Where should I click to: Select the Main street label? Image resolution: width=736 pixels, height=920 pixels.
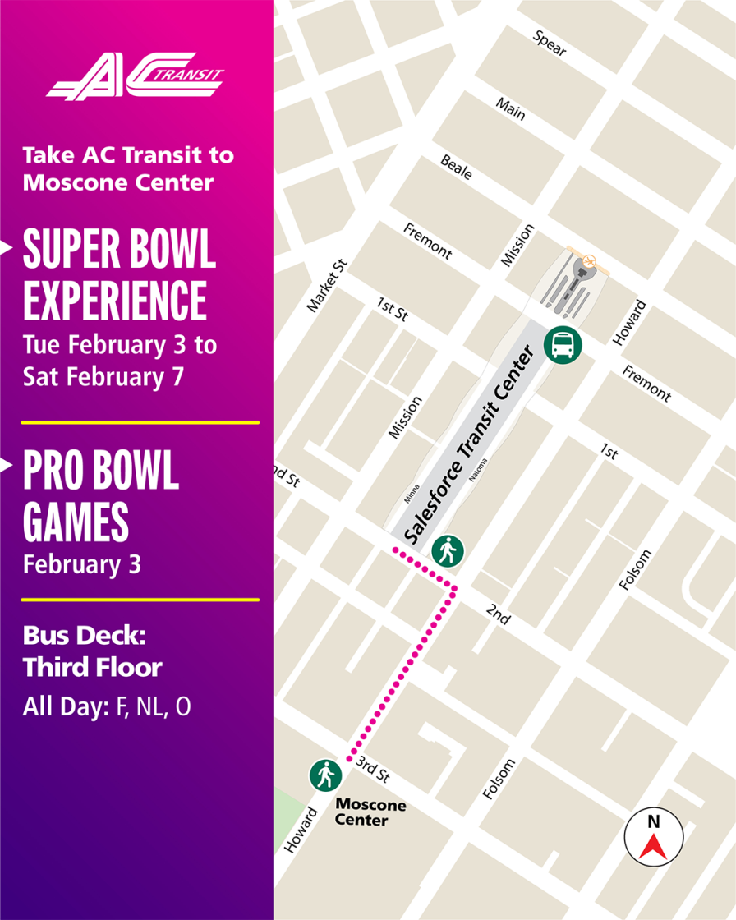510,108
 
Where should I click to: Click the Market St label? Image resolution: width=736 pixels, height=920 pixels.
328,285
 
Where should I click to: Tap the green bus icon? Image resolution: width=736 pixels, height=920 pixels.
564,344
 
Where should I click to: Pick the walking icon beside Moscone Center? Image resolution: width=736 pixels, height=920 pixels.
326,775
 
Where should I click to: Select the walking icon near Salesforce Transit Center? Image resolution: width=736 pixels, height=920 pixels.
448,550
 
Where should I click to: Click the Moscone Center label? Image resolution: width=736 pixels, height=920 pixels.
370,812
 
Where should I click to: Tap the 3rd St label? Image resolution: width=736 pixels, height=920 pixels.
373,770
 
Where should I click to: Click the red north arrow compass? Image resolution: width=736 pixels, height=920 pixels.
654,836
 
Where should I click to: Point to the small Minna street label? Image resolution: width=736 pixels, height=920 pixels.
412,493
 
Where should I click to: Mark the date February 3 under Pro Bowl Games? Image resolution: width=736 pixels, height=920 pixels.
82,565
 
